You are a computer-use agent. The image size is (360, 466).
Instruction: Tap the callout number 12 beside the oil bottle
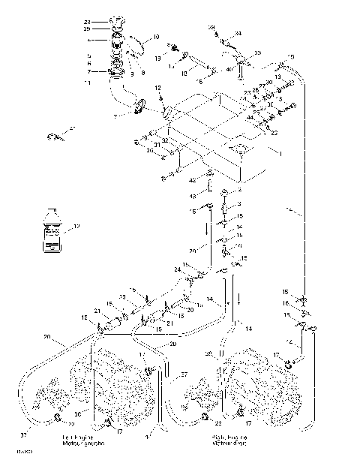[x=75, y=226]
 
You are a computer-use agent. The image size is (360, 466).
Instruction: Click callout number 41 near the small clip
[x=73, y=131]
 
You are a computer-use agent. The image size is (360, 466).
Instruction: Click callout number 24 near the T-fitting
[x=178, y=268]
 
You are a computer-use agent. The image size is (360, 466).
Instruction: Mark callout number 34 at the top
[x=238, y=34]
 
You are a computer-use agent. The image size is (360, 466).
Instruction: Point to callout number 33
[x=257, y=53]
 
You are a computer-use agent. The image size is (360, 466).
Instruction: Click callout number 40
[x=229, y=69]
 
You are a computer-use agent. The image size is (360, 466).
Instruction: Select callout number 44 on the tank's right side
[x=249, y=118]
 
